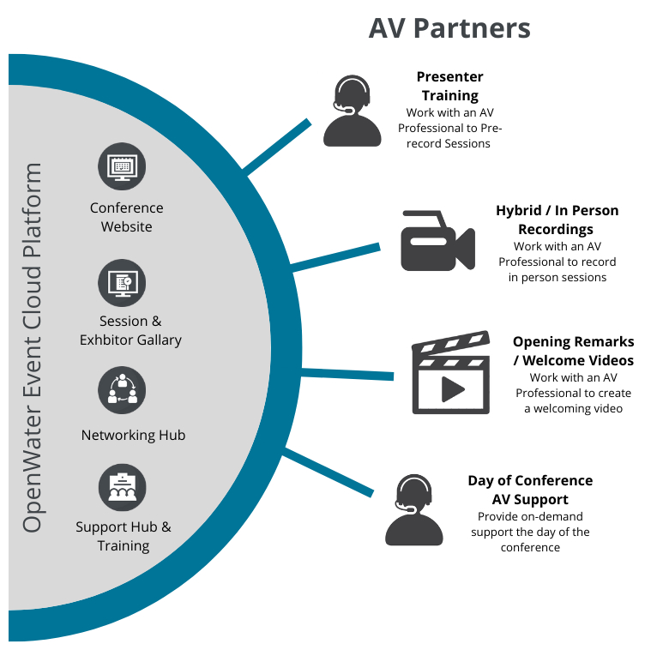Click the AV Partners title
tap(449, 27)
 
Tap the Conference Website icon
tap(122, 166)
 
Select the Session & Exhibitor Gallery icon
tap(122, 282)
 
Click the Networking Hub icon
tap(122, 390)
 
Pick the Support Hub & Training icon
tap(122, 487)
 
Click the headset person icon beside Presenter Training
tap(352, 111)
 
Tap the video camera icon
tap(437, 241)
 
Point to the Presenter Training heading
tap(449, 86)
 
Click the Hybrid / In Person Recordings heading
tap(557, 220)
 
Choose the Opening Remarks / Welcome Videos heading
tap(573, 351)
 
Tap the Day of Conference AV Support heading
tap(530, 490)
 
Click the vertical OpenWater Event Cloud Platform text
tap(33, 347)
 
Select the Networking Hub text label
tap(133, 435)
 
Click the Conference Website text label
tap(126, 217)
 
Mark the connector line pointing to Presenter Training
tap(278, 147)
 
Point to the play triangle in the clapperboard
tap(452, 388)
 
